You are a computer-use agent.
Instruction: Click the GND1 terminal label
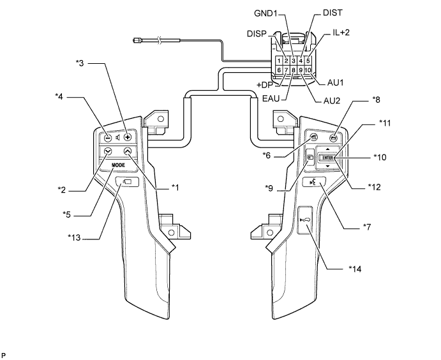pyautogui.click(x=266, y=13)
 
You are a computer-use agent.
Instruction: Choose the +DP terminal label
pyautogui.click(x=266, y=85)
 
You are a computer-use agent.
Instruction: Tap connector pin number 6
pyautogui.click(x=280, y=70)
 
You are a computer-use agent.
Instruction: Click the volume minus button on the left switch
pyautogui.click(x=107, y=137)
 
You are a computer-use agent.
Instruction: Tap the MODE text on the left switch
pyautogui.click(x=118, y=165)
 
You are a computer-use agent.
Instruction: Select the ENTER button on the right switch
pyautogui.click(x=328, y=157)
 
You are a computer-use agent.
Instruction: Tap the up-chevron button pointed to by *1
pyautogui.click(x=128, y=151)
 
